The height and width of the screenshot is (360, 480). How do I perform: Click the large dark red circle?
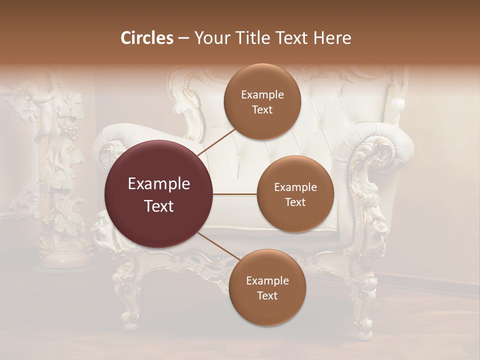[x=159, y=194]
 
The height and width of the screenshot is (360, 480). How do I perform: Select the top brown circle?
[x=262, y=101]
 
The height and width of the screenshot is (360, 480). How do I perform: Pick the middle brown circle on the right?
[x=295, y=194]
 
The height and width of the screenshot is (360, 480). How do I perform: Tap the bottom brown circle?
[x=267, y=287]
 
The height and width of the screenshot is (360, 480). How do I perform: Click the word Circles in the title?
[x=147, y=38]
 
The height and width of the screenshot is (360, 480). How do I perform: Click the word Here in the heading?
[x=332, y=38]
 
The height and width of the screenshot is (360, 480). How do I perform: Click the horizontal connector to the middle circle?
[x=235, y=194]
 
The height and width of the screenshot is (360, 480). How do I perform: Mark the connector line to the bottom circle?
[x=218, y=246]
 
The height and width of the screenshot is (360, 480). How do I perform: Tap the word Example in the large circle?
[x=159, y=184]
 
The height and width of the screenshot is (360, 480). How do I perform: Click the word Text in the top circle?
[x=262, y=109]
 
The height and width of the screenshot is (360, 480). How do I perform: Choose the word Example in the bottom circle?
[x=267, y=280]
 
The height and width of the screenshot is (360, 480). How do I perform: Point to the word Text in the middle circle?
[x=295, y=202]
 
